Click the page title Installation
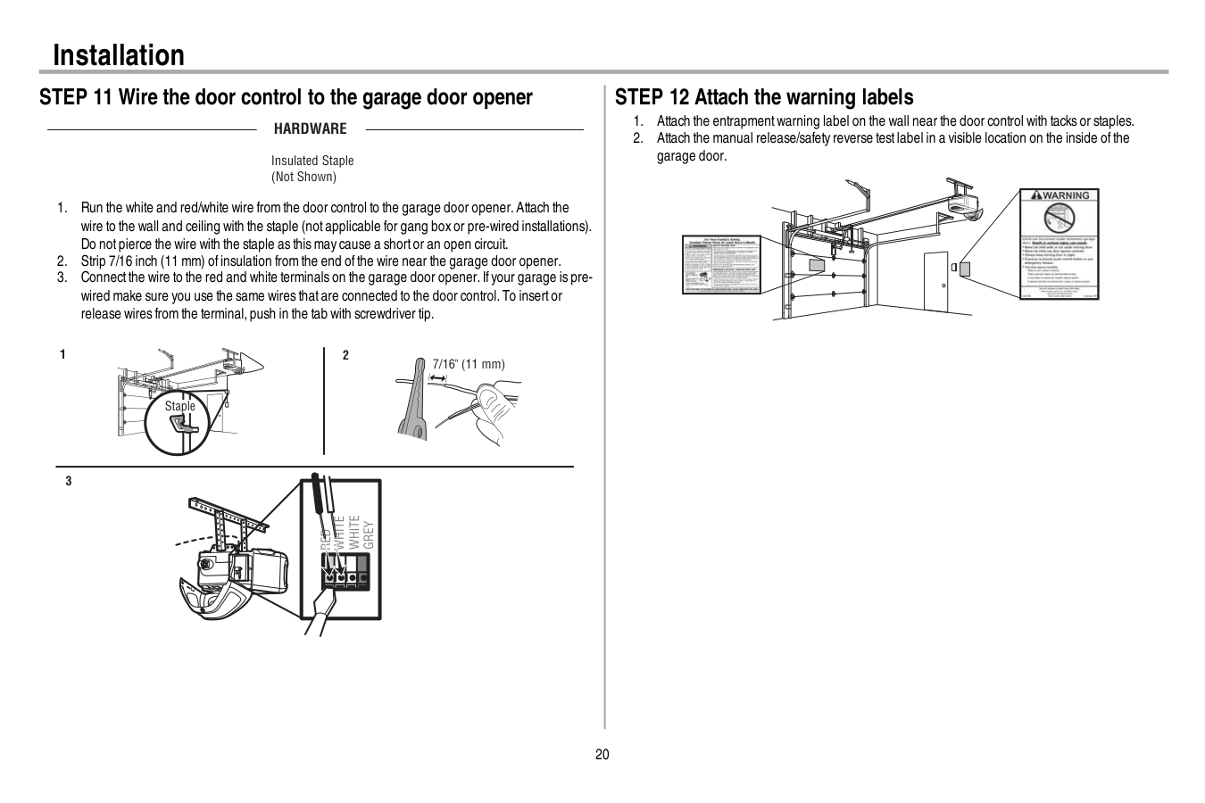119,55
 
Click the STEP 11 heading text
286,97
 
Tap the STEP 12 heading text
764,97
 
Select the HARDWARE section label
310,129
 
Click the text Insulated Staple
312,161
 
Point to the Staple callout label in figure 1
179,406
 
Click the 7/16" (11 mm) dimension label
469,364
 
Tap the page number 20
602,755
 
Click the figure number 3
69,482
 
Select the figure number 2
346,355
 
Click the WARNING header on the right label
1060,195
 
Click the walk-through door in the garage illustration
935,277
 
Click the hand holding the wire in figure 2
493,410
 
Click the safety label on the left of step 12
720,264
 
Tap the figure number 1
62,355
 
